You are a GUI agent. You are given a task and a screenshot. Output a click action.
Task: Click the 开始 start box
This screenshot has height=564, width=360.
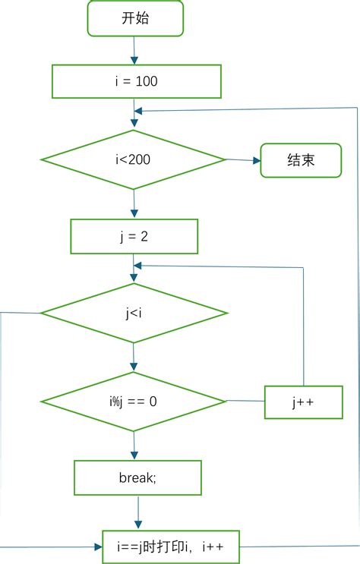(x=136, y=18)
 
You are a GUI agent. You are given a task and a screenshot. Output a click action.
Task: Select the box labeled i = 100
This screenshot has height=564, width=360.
(x=136, y=81)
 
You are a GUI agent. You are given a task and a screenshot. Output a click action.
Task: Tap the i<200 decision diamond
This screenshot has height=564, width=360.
(x=133, y=159)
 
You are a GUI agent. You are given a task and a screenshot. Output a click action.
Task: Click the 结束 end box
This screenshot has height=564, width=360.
(x=301, y=160)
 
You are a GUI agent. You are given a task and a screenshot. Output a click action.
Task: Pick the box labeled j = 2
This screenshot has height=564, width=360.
(x=134, y=236)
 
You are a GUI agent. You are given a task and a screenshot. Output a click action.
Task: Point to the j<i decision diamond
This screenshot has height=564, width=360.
(x=134, y=312)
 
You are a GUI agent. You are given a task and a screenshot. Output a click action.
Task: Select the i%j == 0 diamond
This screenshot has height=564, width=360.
(x=133, y=401)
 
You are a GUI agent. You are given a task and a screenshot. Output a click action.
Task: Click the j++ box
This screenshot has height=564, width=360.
(x=304, y=402)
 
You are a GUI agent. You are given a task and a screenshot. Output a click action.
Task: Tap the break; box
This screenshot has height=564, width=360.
(x=137, y=477)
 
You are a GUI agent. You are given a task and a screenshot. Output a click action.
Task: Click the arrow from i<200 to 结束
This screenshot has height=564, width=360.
(x=243, y=160)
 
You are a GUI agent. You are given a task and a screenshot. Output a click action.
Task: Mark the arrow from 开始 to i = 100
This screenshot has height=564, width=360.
(x=134, y=50)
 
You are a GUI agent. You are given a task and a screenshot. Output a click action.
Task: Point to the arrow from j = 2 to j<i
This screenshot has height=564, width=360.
(x=134, y=267)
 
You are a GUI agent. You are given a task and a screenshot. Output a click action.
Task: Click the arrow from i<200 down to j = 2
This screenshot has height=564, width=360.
(x=134, y=203)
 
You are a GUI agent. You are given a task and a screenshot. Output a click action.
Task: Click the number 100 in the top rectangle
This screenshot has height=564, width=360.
(x=147, y=81)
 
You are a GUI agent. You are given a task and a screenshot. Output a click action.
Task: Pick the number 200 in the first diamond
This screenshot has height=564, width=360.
(x=143, y=159)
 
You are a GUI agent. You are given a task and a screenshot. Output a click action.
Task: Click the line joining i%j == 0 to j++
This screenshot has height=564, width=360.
(x=245, y=401)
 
